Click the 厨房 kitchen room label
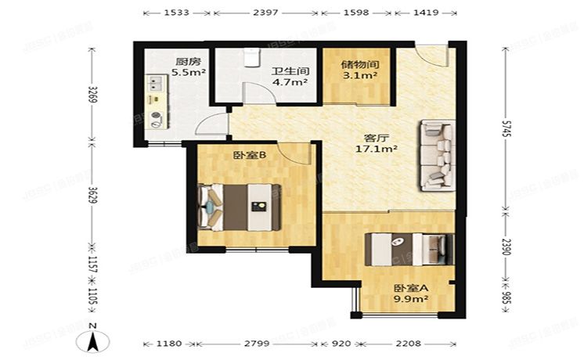coord(185,61)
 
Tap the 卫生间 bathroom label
coord(290,70)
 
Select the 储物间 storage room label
coord(359,65)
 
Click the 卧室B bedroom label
coord(251,155)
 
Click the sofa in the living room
coord(436,155)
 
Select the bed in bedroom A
coord(409,250)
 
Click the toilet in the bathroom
coord(251,56)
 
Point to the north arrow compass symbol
coord(93,339)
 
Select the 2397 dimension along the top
coord(266,13)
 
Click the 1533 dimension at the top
coord(178,13)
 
